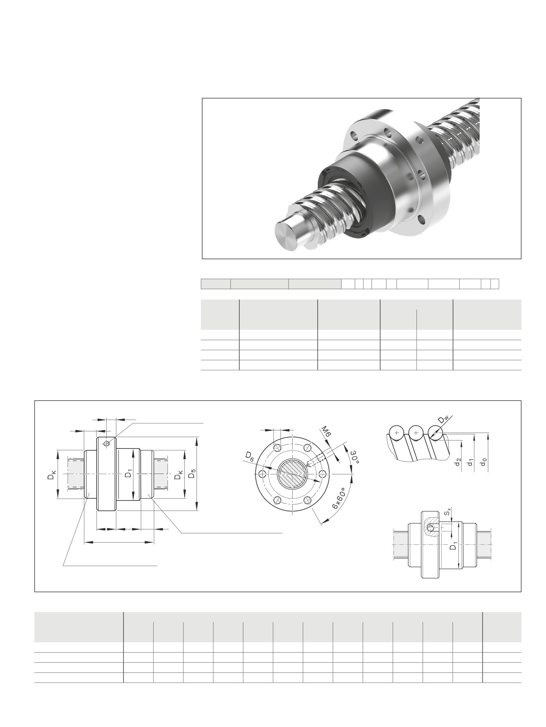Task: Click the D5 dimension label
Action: tap(191, 475)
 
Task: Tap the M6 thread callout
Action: tap(326, 433)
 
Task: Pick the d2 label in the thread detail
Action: tap(458, 463)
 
